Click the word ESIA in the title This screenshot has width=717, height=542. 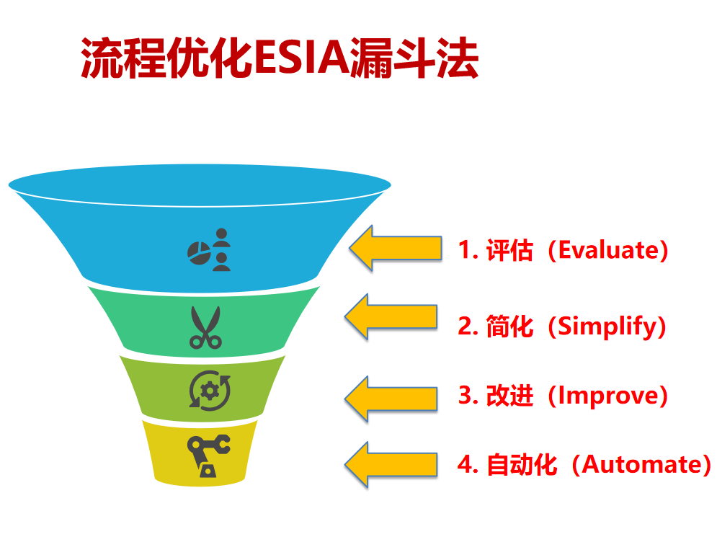click(x=302, y=58)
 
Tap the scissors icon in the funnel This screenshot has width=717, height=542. click(x=206, y=327)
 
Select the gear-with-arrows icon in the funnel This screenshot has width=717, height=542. click(x=210, y=391)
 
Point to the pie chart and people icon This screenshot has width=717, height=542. click(x=209, y=249)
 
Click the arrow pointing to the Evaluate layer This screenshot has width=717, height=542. click(x=396, y=249)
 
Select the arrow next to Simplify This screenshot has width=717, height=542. click(x=391, y=316)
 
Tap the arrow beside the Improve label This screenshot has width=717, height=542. click(x=391, y=399)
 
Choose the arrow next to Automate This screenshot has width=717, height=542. click(x=391, y=465)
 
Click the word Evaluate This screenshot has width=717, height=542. click(x=607, y=251)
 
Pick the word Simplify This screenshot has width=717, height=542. click(x=607, y=326)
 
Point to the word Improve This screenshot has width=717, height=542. click(x=607, y=396)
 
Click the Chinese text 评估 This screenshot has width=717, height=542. click(x=509, y=250)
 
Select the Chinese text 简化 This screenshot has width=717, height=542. click(x=509, y=326)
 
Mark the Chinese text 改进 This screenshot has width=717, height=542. click(x=509, y=396)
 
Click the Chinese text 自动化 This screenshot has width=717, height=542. click(x=521, y=465)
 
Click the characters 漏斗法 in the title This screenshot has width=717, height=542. click(x=414, y=58)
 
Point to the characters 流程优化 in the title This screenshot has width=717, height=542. click(x=167, y=58)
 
